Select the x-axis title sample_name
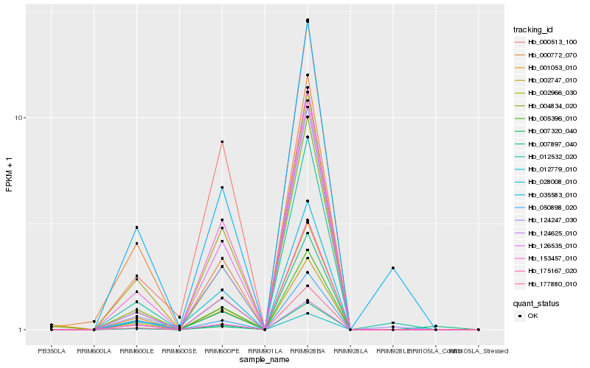265,359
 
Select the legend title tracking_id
533,29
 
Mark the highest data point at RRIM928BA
308,20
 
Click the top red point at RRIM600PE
222,141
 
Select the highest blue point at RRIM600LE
136,227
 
